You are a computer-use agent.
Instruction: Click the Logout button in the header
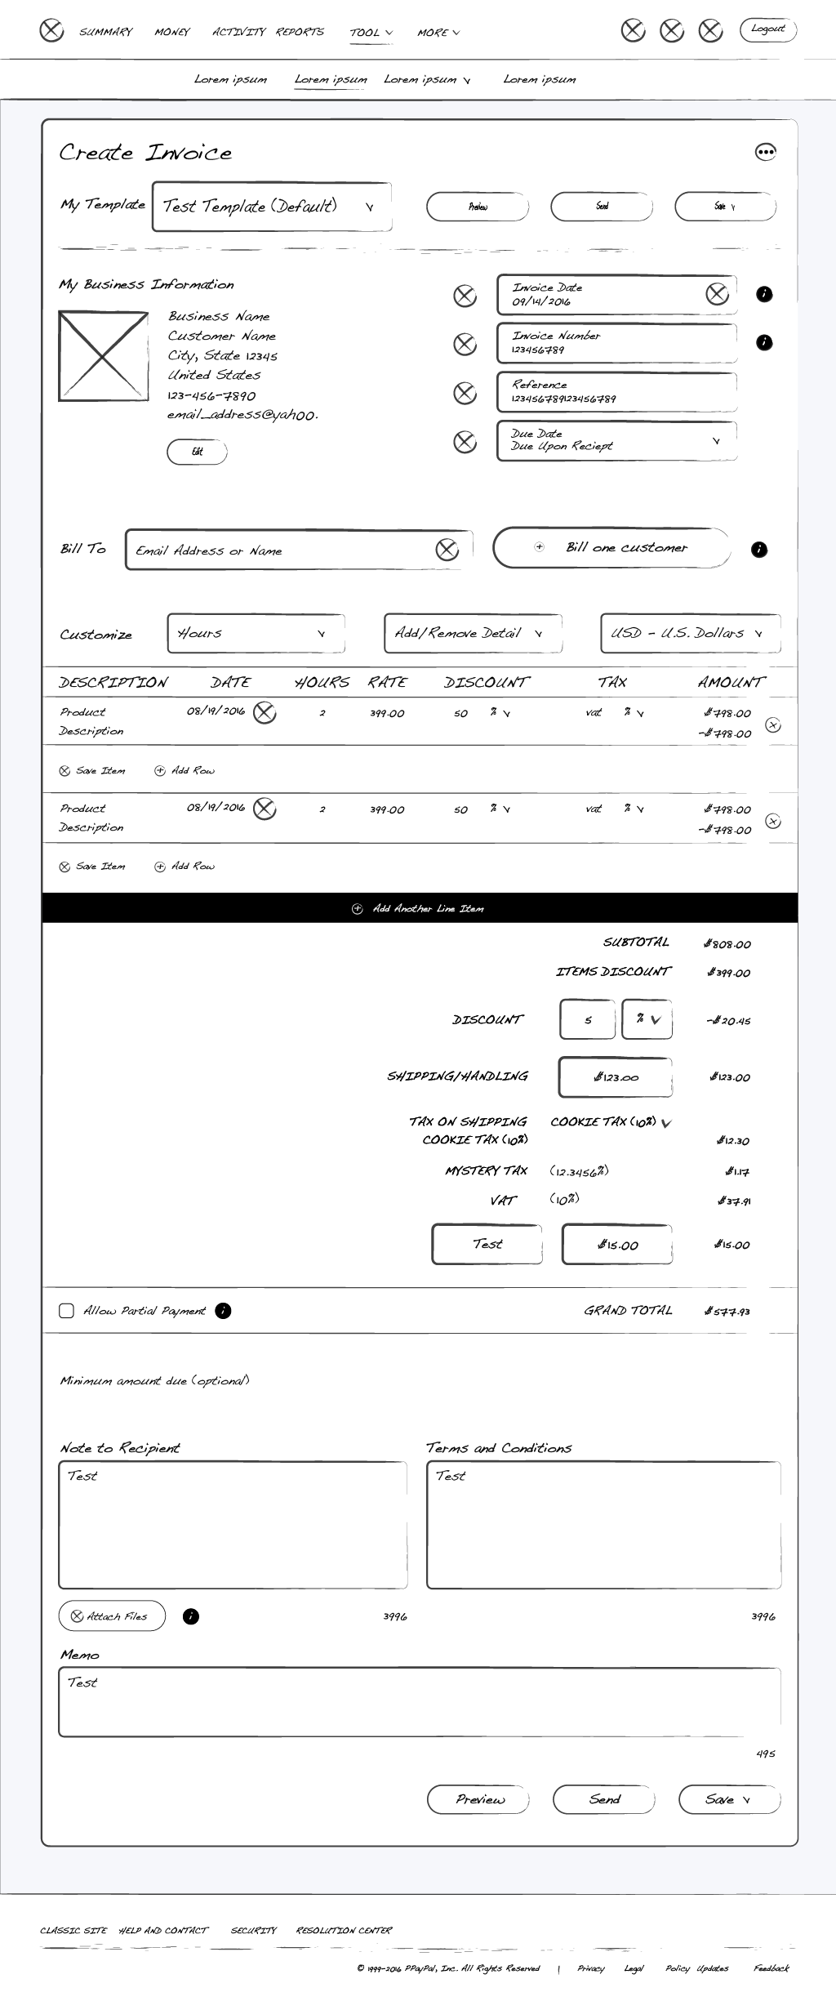pyautogui.click(x=767, y=30)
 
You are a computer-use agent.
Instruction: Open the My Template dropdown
pyautogui.click(x=271, y=207)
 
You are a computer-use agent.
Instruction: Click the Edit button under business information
pyautogui.click(x=197, y=452)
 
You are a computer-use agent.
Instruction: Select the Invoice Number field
pyautogui.click(x=616, y=343)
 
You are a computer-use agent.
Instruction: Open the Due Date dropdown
pyautogui.click(x=616, y=441)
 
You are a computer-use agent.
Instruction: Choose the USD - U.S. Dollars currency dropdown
pyautogui.click(x=690, y=633)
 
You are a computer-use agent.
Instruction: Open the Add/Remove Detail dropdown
pyautogui.click(x=473, y=633)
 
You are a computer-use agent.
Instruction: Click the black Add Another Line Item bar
pyautogui.click(x=420, y=908)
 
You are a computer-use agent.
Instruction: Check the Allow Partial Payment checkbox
pyautogui.click(x=67, y=1311)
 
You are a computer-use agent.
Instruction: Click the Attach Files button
pyautogui.click(x=112, y=1616)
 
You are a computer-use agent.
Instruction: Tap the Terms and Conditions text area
pyautogui.click(x=603, y=1524)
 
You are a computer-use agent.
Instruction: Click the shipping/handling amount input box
pyautogui.click(x=616, y=1077)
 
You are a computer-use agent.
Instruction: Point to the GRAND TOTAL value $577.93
pyautogui.click(x=727, y=1312)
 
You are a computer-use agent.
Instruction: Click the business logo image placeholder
pyautogui.click(x=103, y=356)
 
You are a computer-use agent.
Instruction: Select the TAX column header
pyautogui.click(x=612, y=683)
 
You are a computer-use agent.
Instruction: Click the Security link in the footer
pyautogui.click(x=254, y=1931)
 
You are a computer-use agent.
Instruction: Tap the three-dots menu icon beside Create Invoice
pyautogui.click(x=765, y=152)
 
